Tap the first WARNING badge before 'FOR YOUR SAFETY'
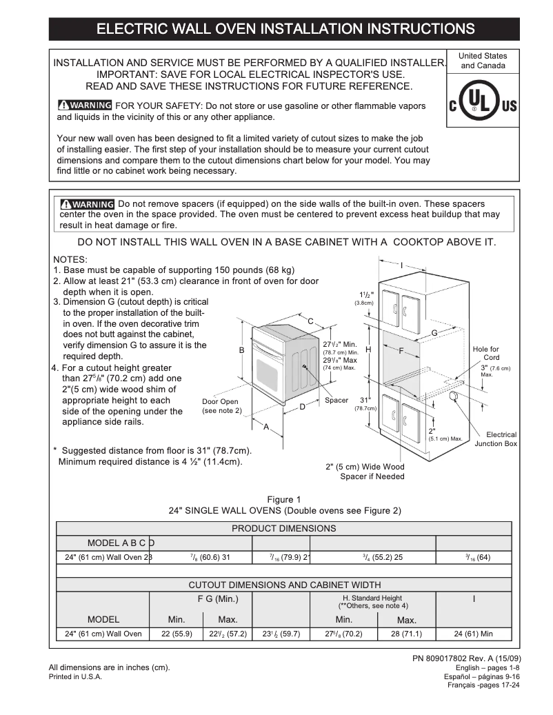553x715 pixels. [x=84, y=105]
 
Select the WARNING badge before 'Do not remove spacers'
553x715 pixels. [x=88, y=204]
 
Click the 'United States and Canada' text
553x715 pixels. [x=483, y=61]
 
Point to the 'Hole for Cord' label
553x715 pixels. [x=486, y=354]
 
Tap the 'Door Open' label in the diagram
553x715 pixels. [x=219, y=402]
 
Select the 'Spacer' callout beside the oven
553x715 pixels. [x=336, y=401]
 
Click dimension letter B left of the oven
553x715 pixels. [x=241, y=350]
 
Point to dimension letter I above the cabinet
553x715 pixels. [x=401, y=265]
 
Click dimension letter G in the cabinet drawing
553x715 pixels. [x=434, y=333]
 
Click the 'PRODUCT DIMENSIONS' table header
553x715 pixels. [x=283, y=529]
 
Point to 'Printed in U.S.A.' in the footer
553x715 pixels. [x=75, y=677]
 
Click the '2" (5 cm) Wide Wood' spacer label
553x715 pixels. [x=365, y=467]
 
